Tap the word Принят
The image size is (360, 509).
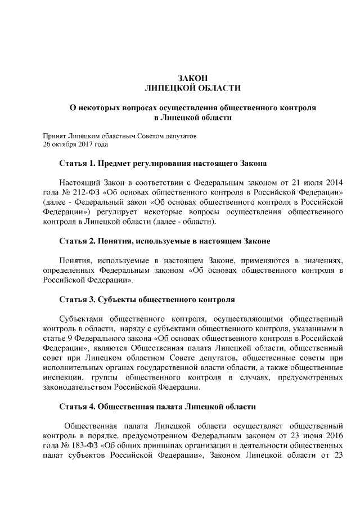[x=55, y=136]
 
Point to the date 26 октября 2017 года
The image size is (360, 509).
[x=75, y=145]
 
